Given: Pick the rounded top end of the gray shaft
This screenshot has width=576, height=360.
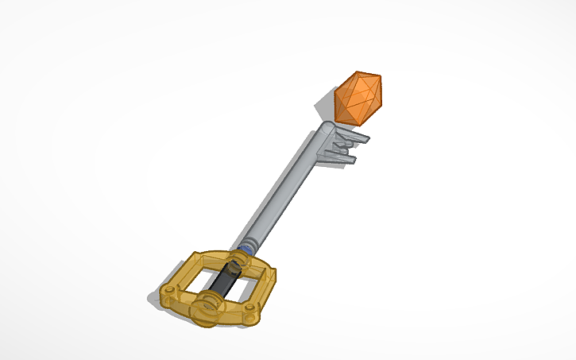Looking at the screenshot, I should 327,128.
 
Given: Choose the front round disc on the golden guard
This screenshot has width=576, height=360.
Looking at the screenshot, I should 209,307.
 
